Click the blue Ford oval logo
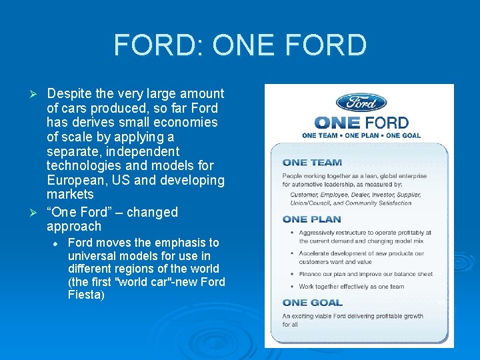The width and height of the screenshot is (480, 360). click(361, 102)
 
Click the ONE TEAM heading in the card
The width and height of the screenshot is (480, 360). click(312, 162)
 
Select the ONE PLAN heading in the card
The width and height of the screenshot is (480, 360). click(311, 219)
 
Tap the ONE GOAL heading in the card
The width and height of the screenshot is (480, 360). click(313, 303)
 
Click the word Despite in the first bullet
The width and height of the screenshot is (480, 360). click(70, 94)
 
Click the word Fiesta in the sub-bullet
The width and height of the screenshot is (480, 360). click(84, 294)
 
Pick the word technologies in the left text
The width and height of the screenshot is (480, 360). click(84, 166)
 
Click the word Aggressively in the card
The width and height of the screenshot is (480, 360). click(317, 233)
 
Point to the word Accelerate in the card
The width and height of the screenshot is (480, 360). click(314, 253)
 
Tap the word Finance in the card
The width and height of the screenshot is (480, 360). click(309, 273)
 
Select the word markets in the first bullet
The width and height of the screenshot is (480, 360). click(70, 195)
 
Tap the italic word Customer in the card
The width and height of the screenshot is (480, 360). click(303, 195)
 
